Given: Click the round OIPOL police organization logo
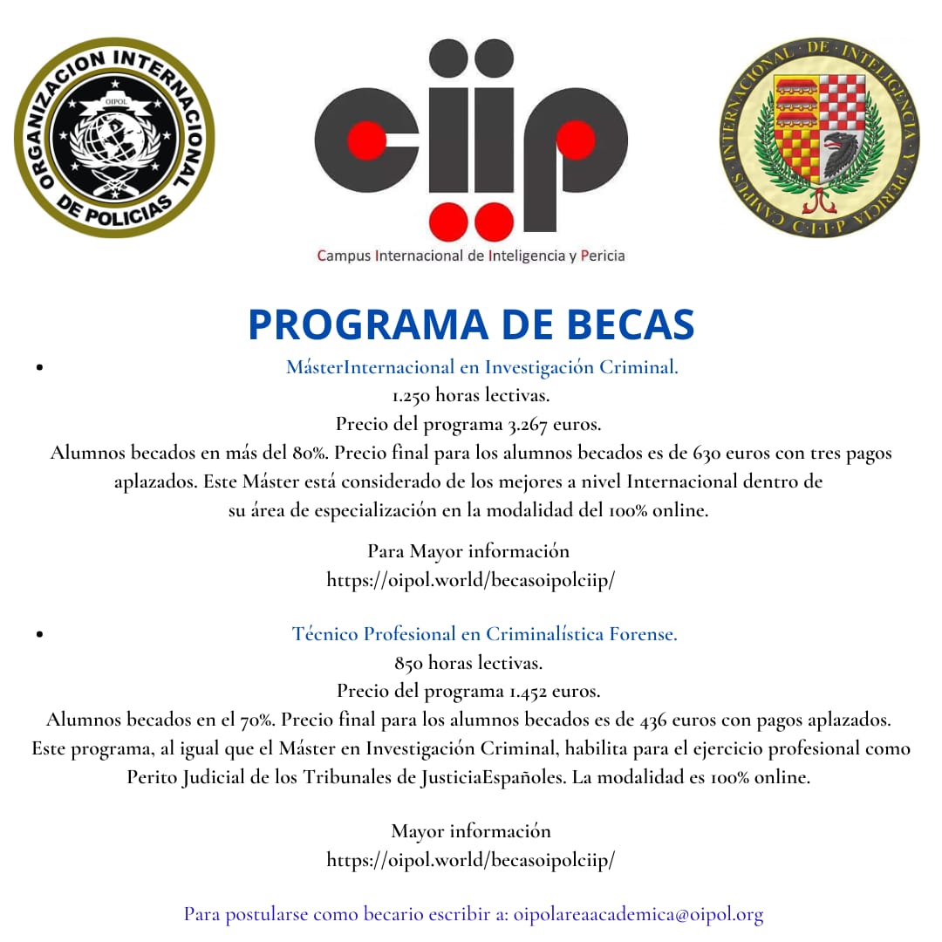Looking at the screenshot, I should click(x=114, y=138).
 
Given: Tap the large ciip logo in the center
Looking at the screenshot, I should click(x=471, y=140).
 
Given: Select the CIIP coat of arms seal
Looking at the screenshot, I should click(x=819, y=138).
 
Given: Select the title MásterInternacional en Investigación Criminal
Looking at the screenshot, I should click(x=482, y=367).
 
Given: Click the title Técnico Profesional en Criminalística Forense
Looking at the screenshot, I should click(x=485, y=634).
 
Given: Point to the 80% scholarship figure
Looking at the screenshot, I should click(x=310, y=454).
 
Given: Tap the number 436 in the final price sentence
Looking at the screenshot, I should click(x=655, y=720).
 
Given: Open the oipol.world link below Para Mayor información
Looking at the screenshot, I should click(x=471, y=580).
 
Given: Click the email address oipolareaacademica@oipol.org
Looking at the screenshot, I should click(x=638, y=915).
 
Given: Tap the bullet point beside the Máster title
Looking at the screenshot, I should click(x=40, y=368).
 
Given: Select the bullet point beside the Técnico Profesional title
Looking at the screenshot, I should click(x=40, y=635).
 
